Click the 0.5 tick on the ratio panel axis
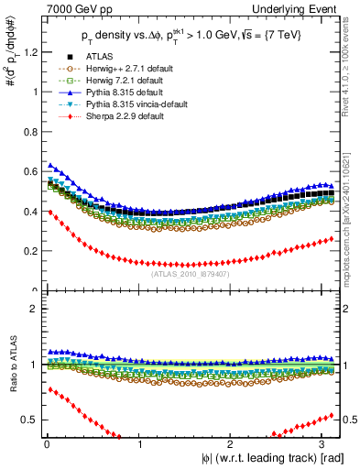coord(29,420)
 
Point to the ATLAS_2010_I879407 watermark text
coord(190,273)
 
